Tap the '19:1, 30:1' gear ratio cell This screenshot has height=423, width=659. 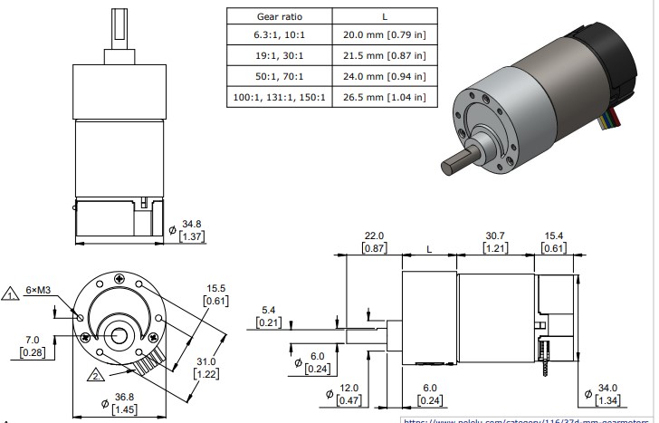pos(279,57)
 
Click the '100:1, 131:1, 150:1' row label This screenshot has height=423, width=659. pos(279,97)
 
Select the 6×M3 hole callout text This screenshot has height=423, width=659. pos(39,290)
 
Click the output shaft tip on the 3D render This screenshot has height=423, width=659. pos(450,169)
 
